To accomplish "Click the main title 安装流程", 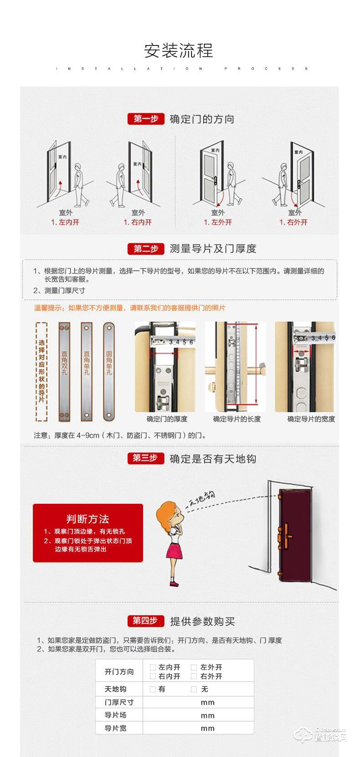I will pos(179,51).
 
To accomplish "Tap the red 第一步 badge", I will pos(145,119).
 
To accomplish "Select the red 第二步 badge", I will pos(145,249).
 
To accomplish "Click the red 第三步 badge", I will pos(145,458).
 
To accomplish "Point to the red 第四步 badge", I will pos(145,620).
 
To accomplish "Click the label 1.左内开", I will pos(65,222).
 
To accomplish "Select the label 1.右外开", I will pos(293,222).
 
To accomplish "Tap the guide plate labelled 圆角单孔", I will pos(109,372).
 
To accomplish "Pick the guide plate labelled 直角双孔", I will pos(64,372).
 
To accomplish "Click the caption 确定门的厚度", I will pos(167,419).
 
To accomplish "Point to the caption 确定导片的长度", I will pos(237,419).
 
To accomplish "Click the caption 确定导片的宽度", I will pos(311,419).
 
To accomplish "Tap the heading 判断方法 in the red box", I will pos(87,519).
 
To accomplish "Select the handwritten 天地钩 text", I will pos(202,499).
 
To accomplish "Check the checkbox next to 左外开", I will pos(194,667).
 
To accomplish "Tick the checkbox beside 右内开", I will pos(153,676).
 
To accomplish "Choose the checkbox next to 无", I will pos(194,689).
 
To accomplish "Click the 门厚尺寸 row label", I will pos(119,702).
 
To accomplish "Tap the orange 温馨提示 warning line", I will pos(130,308).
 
